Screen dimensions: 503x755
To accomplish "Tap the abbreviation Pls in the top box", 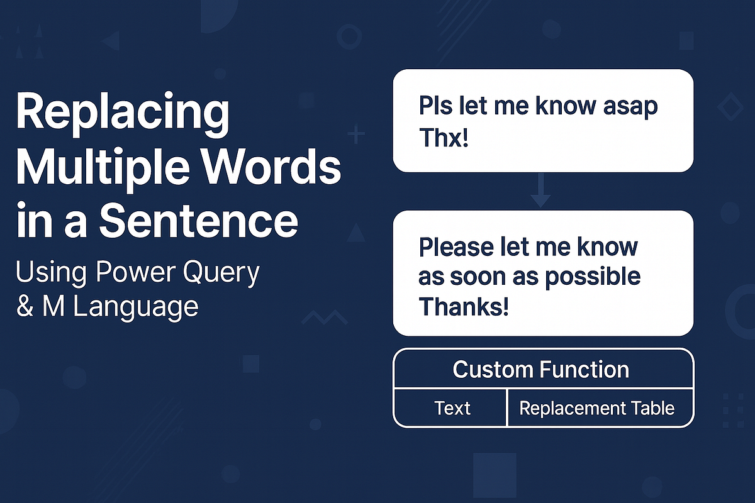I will [x=433, y=106].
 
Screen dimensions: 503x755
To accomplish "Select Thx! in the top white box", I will [x=444, y=138].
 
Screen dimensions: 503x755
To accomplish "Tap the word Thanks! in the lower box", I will [x=464, y=306].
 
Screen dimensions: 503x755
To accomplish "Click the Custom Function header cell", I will [x=541, y=369].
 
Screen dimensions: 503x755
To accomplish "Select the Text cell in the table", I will [x=452, y=408].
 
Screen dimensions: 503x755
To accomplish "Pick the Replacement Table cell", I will [x=597, y=408].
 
